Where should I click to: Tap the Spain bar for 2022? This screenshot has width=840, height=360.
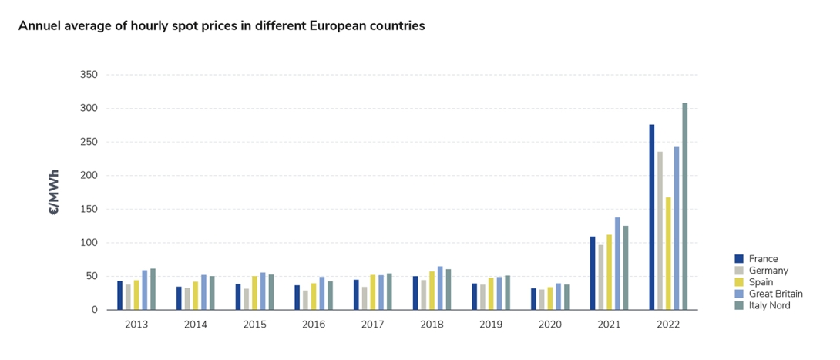[x=668, y=254]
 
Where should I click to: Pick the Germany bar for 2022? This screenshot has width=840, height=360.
[x=660, y=230]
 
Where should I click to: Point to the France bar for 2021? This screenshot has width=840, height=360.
[x=593, y=274]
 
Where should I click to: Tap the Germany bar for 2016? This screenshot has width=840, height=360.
[x=305, y=300]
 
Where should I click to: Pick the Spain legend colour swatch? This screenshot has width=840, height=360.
[x=738, y=282]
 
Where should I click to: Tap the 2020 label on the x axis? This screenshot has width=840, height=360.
[x=550, y=325]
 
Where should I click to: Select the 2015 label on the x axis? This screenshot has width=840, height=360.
[x=254, y=325]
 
